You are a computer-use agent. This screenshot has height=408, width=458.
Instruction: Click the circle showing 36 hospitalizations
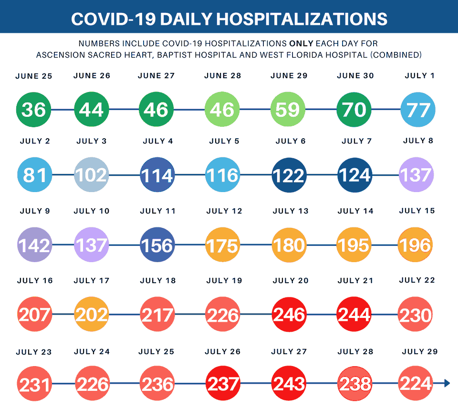coord(33,110)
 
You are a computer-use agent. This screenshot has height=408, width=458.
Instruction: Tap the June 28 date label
coord(222,76)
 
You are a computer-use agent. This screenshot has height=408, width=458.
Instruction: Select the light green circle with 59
coord(288,110)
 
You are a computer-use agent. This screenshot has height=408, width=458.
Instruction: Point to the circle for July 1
coord(418,110)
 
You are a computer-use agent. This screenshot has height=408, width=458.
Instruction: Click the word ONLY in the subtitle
coord(301,43)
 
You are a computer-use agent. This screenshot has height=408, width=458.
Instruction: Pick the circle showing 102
coord(92,175)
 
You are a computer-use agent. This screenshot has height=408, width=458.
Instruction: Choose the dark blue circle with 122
coord(289,175)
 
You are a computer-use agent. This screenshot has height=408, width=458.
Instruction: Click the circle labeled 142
coord(34,245)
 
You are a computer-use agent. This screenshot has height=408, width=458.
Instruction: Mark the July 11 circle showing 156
coord(157,245)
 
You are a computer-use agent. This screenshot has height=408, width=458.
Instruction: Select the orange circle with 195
coord(354,245)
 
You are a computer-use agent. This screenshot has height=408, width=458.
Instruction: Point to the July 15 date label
coord(417,211)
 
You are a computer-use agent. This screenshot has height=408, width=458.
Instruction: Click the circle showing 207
coord(34,315)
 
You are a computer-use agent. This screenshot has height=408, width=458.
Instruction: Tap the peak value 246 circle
coord(289,315)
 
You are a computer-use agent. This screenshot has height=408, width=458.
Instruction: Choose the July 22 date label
coord(417,280)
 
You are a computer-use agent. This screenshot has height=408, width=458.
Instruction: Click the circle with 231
coord(34,383)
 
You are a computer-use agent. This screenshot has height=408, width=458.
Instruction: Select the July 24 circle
coord(92,383)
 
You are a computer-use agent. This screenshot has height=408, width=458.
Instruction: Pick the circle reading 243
coord(289,383)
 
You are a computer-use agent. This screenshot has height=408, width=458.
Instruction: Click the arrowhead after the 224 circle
coord(447,383)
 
